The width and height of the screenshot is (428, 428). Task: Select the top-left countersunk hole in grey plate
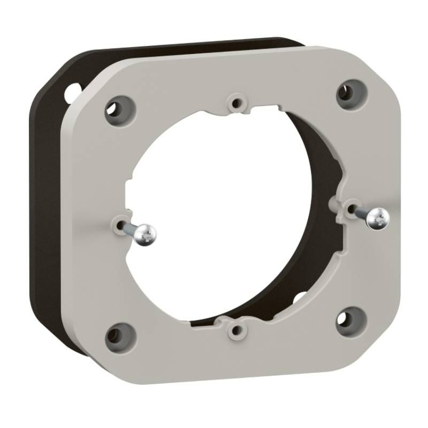pyautogui.click(x=116, y=106)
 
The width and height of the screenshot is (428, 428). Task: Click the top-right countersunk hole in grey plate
pyautogui.click(x=350, y=91)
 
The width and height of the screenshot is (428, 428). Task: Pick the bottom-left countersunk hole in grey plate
pyautogui.click(x=117, y=334)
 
